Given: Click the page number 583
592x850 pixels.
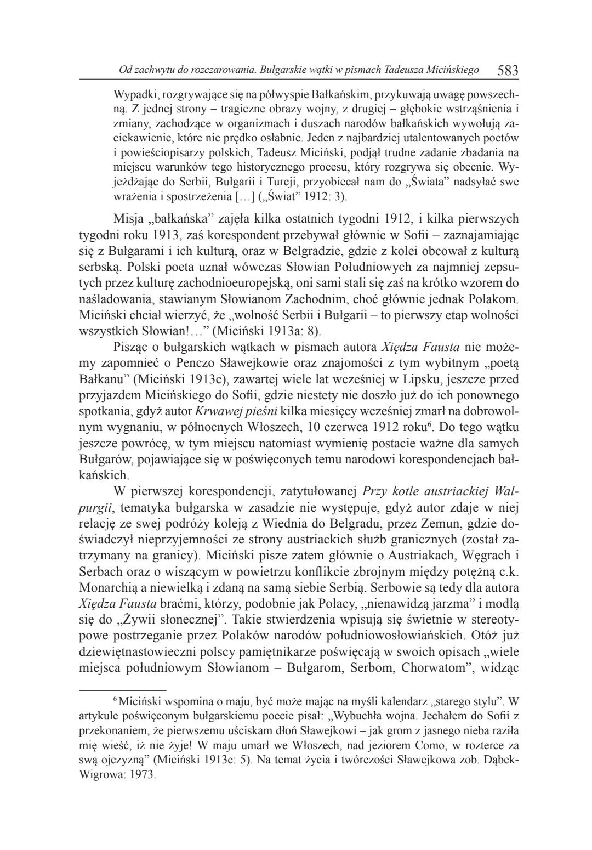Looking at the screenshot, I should [x=508, y=71].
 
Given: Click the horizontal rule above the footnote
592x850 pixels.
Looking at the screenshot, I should [x=123, y=689].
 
